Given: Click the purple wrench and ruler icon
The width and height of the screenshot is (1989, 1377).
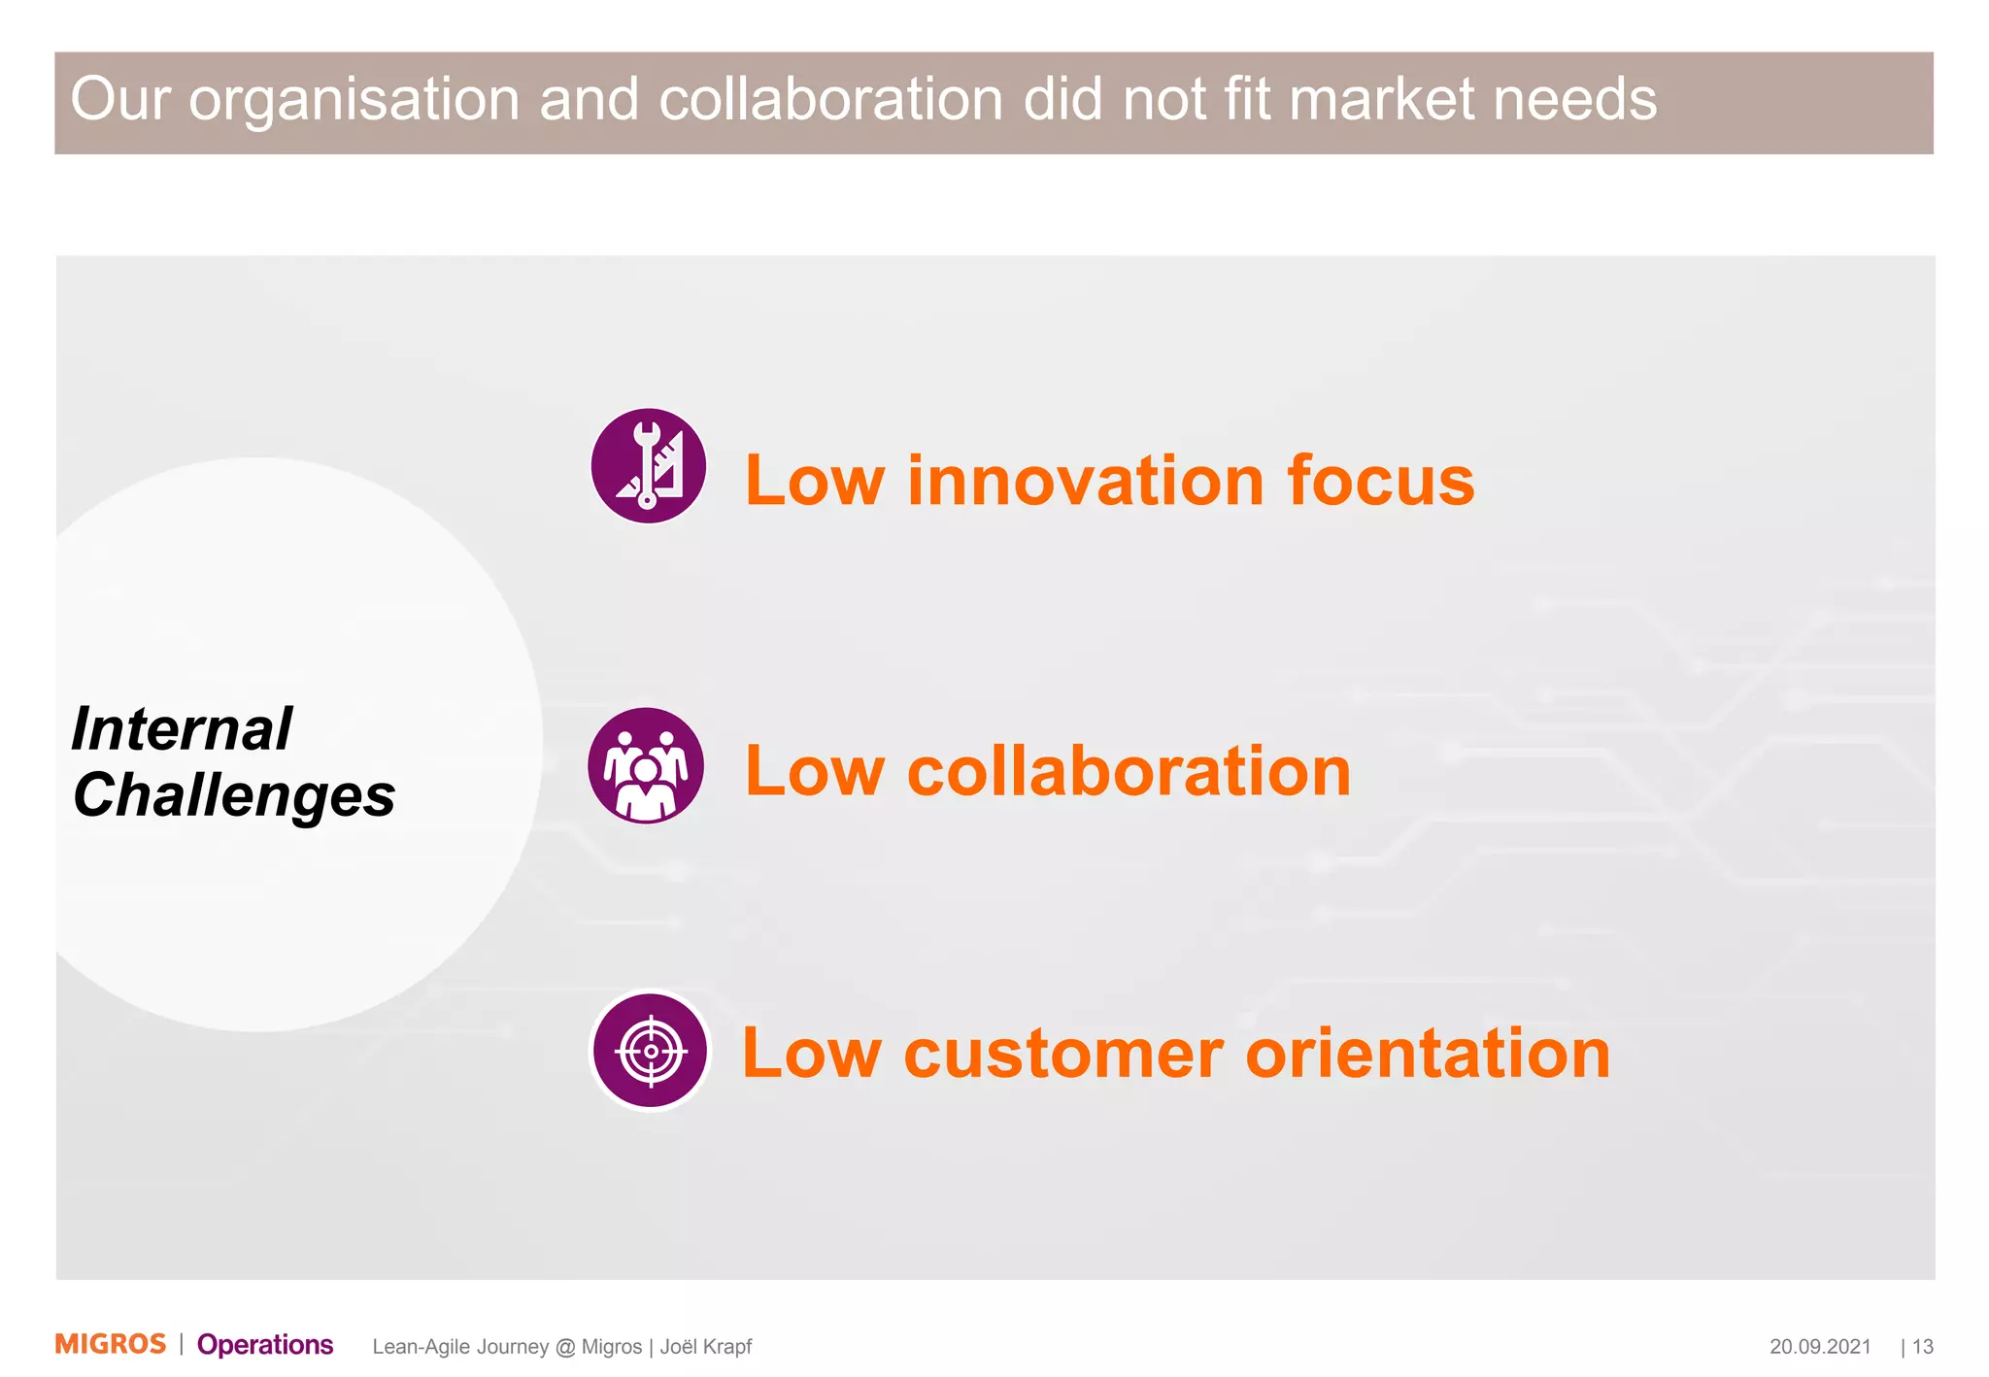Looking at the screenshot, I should coord(648,465).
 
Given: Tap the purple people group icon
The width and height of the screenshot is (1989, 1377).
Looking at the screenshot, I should coord(646,766).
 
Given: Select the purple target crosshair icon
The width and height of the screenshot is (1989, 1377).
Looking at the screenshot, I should coord(650,1051).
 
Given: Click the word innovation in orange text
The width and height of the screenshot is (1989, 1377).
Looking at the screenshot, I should coord(1085,481).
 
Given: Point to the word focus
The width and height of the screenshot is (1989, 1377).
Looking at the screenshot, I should coord(1380,481).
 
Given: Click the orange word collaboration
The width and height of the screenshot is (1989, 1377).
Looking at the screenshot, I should coord(1129,772).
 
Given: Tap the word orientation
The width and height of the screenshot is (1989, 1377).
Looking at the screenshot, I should coord(1428,1054).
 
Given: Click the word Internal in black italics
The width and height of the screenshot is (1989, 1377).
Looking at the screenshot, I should coord(182,729).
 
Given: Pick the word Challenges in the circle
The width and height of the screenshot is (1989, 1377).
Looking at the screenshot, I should coord(234,795).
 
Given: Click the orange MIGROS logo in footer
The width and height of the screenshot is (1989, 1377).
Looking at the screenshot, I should coord(111,1344).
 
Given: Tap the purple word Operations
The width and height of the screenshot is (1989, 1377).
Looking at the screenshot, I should coord(265,1345).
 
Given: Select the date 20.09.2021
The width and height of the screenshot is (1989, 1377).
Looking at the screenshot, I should coord(1820,1347).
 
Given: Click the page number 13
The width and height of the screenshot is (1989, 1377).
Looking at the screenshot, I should coord(1923,1347).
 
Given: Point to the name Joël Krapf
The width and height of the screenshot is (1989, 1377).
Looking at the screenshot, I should coord(706,1347).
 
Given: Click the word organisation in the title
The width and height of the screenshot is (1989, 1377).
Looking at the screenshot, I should coord(354,100).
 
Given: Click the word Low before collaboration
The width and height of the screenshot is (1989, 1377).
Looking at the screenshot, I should coord(815,772).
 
